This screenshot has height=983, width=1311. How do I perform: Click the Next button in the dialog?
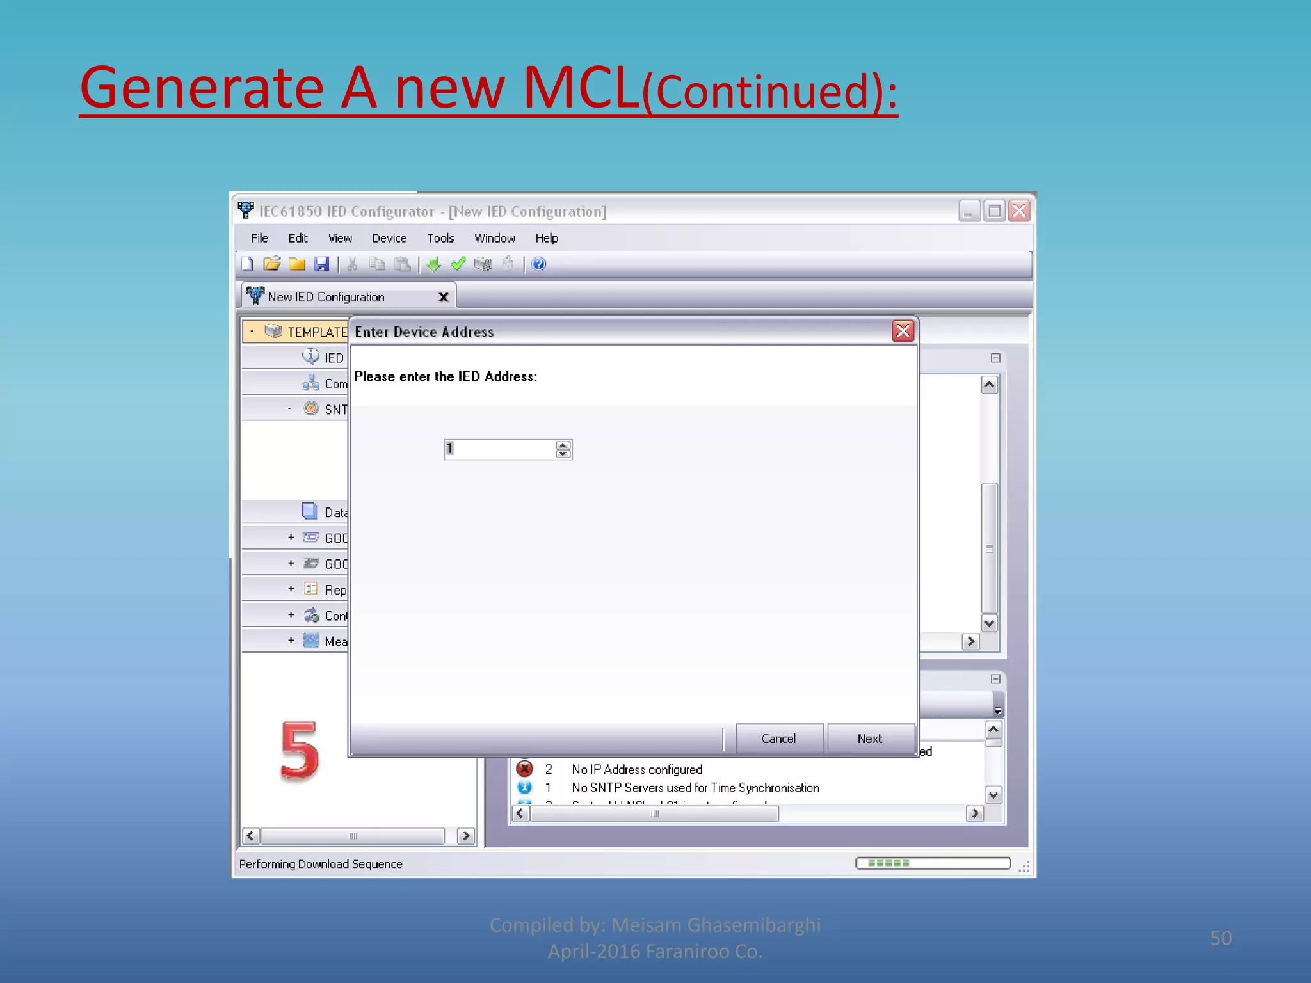click(870, 739)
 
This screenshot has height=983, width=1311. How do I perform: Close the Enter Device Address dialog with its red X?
click(903, 331)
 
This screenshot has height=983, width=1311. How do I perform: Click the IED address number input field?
click(500, 449)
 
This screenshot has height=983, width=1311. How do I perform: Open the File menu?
click(259, 238)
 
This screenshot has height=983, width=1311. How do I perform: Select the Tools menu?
click(440, 238)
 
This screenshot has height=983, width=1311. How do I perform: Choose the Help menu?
click(547, 238)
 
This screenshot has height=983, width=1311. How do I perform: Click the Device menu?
click(389, 238)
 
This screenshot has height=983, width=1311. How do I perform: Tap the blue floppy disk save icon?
click(321, 264)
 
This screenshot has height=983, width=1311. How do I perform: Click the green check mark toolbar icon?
click(458, 264)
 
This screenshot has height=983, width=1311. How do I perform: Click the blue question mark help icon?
click(539, 264)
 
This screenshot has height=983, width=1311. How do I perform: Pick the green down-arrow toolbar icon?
click(434, 264)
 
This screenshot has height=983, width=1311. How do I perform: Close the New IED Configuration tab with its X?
click(443, 297)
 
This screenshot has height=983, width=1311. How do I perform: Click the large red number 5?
click(300, 751)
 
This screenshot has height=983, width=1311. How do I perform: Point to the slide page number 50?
click(1220, 938)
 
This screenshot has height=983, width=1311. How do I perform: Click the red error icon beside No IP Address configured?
click(525, 769)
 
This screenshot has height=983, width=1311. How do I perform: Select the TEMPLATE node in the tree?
click(316, 332)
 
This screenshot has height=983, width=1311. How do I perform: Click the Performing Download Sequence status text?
click(321, 864)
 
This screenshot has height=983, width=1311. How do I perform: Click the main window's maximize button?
click(993, 211)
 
